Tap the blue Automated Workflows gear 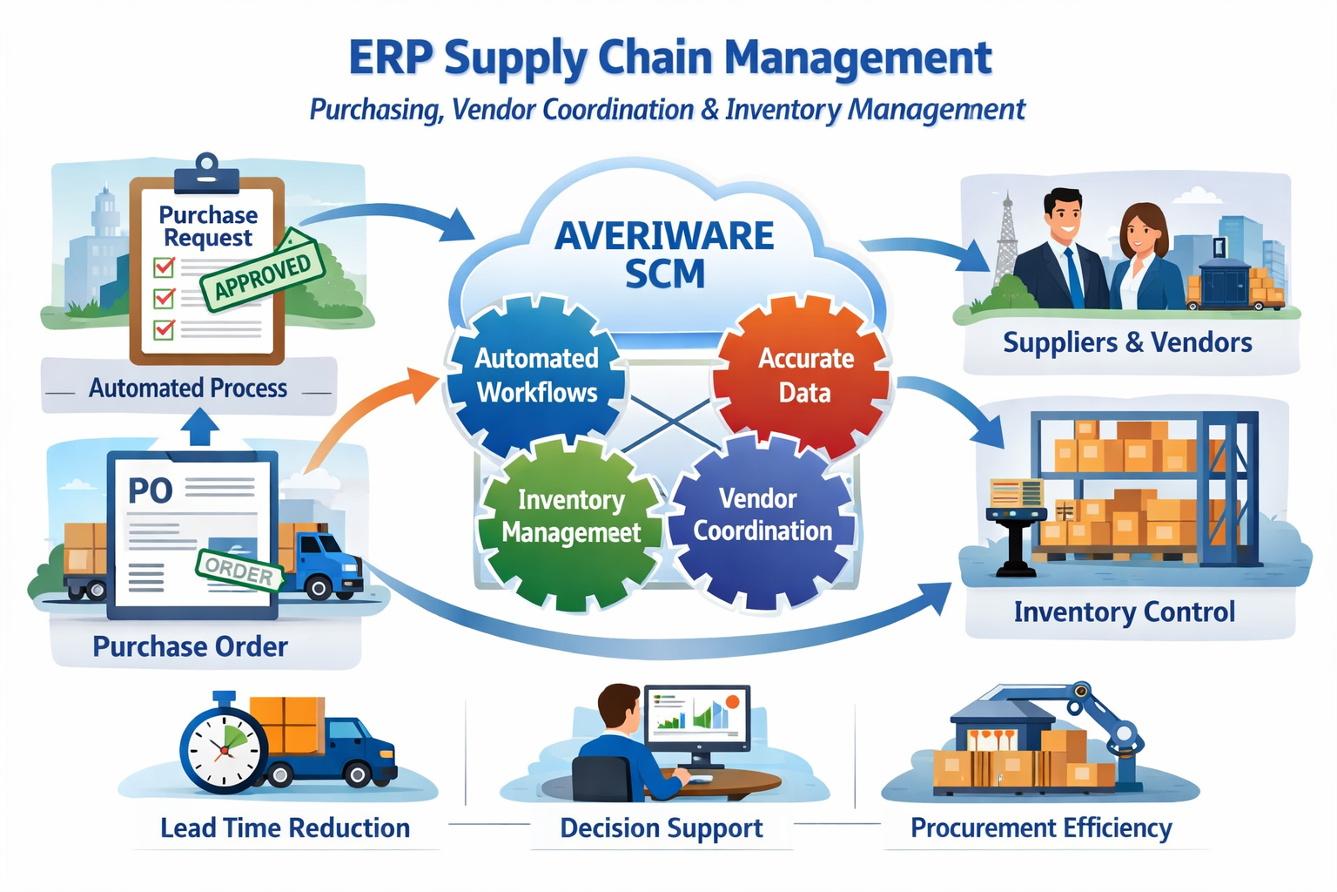(536, 375)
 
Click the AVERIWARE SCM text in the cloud (664, 254)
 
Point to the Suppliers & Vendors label (1127, 342)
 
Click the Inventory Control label (1124, 612)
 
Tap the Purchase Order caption (190, 646)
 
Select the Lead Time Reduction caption (285, 828)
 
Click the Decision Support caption (662, 828)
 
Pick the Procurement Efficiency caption (1041, 828)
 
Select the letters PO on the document (151, 491)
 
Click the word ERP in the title (390, 58)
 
